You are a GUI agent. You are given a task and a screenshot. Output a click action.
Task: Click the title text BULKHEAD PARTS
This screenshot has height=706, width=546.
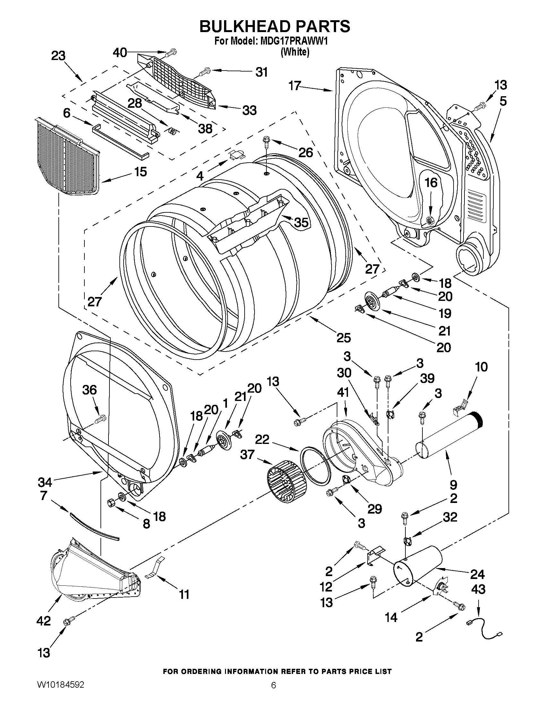[274, 27]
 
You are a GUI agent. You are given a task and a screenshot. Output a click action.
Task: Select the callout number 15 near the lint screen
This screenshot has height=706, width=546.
[140, 172]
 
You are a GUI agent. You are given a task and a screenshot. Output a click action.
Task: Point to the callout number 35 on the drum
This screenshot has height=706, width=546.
[300, 222]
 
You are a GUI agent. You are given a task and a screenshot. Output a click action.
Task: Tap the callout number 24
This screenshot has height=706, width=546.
[477, 574]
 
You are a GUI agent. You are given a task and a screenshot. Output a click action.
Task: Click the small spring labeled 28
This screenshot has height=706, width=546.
[173, 130]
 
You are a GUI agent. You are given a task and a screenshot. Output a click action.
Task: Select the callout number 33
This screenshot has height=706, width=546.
[249, 110]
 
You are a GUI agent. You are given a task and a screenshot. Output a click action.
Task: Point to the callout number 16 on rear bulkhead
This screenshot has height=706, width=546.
[431, 183]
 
